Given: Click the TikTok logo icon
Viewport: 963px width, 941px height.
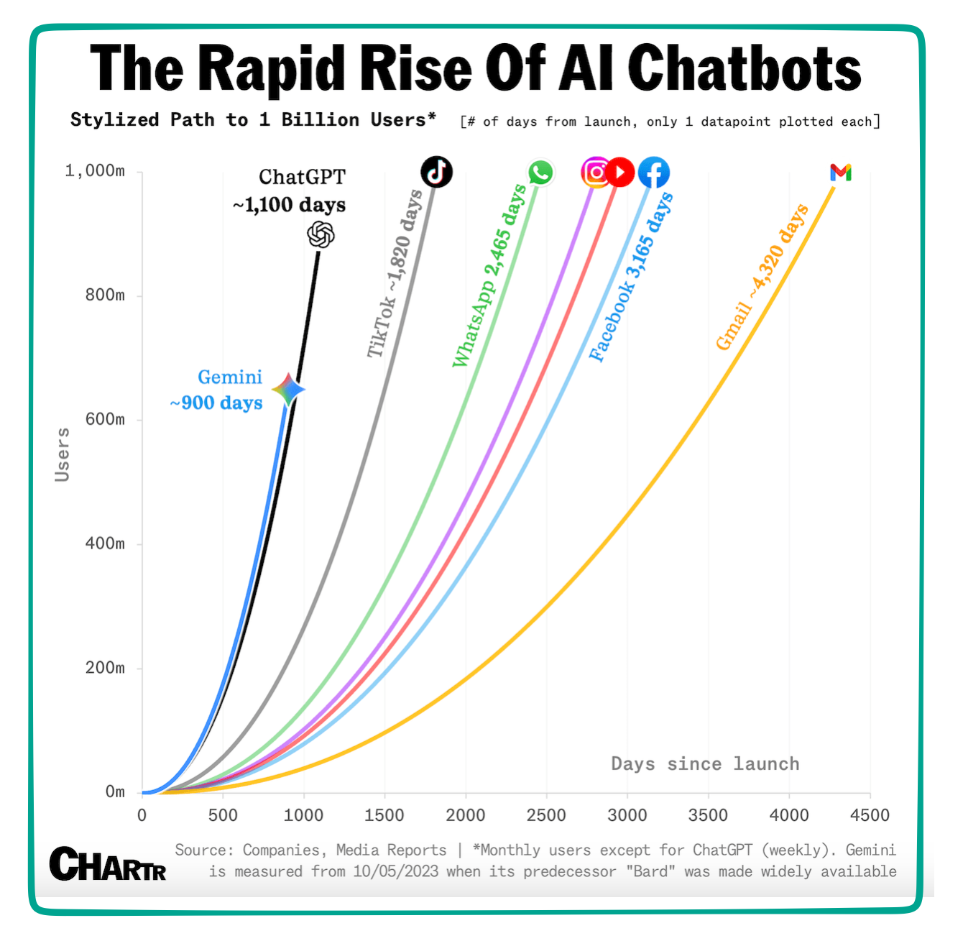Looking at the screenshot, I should click(436, 172).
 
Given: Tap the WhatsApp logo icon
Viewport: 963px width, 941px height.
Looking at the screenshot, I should click(540, 173).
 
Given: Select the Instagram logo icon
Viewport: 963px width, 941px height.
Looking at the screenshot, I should click(595, 173).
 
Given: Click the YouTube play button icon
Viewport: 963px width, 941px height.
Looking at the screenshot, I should click(620, 173).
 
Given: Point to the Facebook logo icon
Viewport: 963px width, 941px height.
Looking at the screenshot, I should click(654, 173).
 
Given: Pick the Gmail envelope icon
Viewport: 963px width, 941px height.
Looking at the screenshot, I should click(840, 173).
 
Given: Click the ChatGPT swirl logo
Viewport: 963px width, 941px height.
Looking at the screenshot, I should click(321, 234).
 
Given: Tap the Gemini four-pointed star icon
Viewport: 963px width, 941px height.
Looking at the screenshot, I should click(288, 390).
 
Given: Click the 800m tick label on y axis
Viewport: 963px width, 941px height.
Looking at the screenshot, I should click(105, 295).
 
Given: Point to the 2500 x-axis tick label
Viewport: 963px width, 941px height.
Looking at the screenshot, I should click(546, 815).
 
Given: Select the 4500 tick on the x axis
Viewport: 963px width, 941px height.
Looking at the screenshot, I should click(870, 815).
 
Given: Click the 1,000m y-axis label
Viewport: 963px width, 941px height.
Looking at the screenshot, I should click(95, 171).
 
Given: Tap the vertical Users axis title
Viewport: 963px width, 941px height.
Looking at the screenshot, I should click(63, 454).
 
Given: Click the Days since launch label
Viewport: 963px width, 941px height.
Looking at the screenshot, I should click(705, 763).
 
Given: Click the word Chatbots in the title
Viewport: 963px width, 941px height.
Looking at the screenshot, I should click(744, 68).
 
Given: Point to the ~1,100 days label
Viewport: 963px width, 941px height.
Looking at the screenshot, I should click(289, 206).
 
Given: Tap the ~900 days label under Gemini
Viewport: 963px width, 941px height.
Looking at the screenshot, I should click(216, 403).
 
